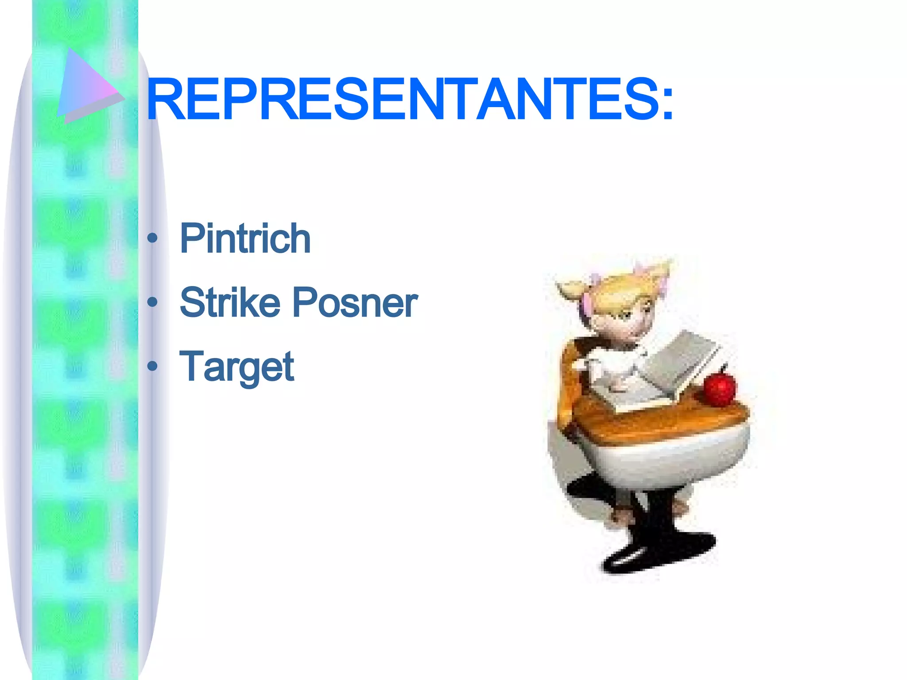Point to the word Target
pos(236,367)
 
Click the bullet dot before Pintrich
pos(152,238)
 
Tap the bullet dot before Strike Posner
pos(152,302)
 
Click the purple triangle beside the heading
pos(86,84)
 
